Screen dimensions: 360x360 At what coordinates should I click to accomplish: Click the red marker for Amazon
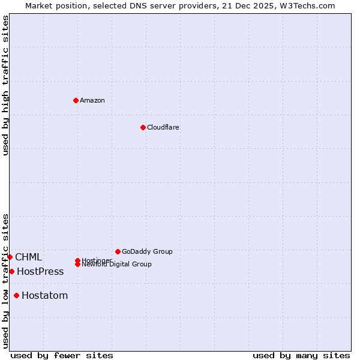click(76, 100)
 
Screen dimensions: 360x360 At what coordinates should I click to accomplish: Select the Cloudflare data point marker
click(143, 127)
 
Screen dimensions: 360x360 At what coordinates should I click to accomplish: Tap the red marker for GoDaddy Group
click(118, 251)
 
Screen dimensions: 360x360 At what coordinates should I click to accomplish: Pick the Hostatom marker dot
click(16, 295)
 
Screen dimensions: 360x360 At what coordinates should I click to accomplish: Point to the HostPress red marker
click(11, 271)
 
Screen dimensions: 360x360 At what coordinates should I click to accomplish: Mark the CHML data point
click(10, 257)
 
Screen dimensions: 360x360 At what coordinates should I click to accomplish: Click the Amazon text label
click(92, 100)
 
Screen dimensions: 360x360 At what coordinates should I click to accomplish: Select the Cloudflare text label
click(163, 127)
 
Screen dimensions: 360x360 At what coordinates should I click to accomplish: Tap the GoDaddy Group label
click(147, 251)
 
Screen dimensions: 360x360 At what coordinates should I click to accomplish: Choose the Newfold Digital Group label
click(116, 265)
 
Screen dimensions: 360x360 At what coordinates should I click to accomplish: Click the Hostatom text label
click(44, 295)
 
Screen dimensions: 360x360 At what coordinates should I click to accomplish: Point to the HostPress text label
click(40, 271)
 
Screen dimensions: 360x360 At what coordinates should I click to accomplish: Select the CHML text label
click(28, 257)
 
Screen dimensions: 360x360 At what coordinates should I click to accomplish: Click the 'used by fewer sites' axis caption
click(62, 355)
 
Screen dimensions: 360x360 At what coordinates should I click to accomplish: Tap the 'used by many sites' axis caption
click(301, 355)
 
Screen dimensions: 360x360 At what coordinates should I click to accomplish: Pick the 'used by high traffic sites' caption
click(5, 85)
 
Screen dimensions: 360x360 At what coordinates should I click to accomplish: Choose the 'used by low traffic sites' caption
click(5, 280)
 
